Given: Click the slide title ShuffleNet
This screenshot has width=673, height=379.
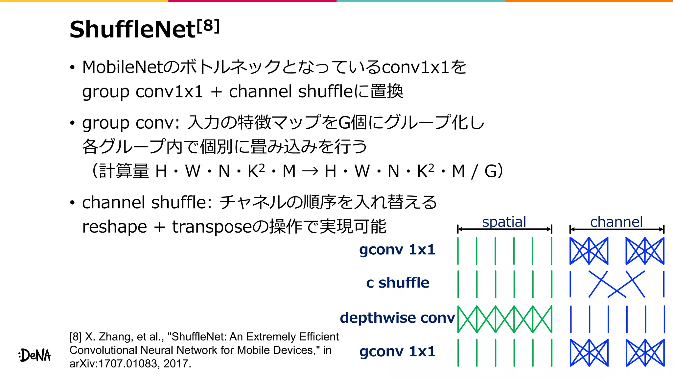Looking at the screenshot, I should tap(133, 30).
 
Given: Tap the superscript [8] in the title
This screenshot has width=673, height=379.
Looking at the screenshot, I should tap(208, 26).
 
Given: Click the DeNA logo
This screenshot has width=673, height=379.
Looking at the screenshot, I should tap(35, 355).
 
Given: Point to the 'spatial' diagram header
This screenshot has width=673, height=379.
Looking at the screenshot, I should tap(504, 222).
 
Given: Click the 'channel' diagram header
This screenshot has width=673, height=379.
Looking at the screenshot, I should tap(616, 222).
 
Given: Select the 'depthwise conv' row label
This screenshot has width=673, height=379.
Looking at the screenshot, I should tap(397, 318).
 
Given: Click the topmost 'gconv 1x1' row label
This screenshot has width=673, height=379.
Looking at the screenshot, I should tap(397, 250).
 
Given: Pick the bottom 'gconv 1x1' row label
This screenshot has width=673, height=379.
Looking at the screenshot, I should tap(397, 352).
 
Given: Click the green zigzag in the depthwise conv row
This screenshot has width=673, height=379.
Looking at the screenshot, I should tap(505, 319).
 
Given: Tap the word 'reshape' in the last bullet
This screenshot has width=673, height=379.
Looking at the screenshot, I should tap(114, 227).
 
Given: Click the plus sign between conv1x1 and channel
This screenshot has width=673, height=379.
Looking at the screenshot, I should tap(216, 92).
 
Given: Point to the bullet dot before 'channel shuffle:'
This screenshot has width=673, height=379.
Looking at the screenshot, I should tap(72, 203).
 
